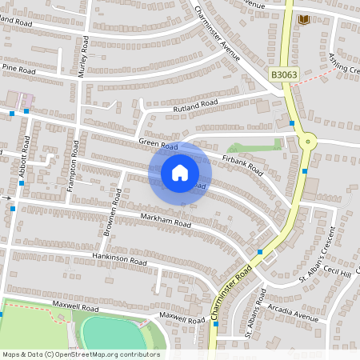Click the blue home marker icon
point(180,172)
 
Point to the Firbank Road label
point(242,164)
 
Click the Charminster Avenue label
point(218,34)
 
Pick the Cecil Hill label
point(336,274)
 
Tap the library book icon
point(303,19)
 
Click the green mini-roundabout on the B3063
point(307,142)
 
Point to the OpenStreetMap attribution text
point(81,354)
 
